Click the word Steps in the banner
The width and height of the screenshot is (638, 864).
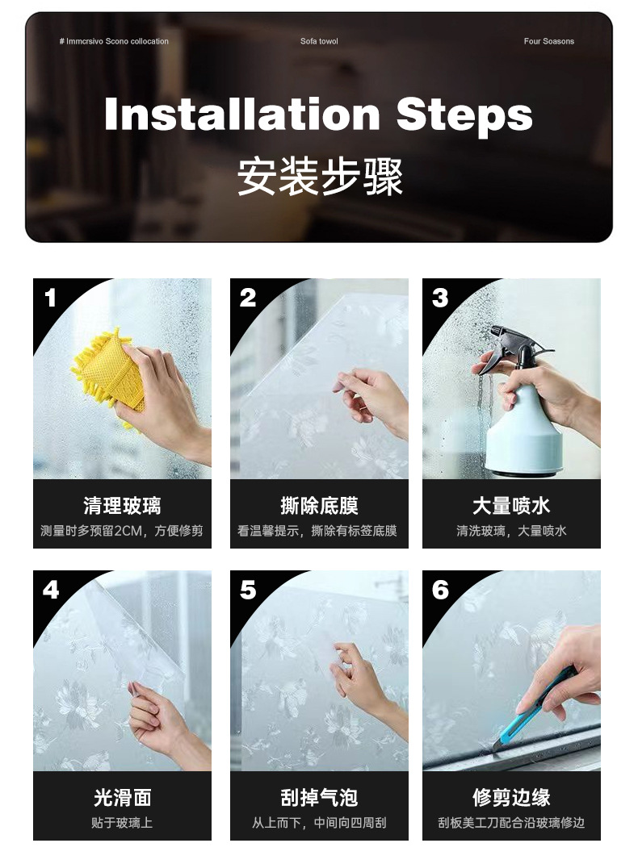[464, 115]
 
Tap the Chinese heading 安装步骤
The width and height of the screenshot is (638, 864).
[320, 177]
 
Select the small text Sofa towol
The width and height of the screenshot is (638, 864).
[319, 41]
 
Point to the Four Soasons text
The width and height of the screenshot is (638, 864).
[548, 41]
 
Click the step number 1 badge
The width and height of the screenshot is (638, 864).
[50, 298]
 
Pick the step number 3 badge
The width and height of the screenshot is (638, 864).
[440, 298]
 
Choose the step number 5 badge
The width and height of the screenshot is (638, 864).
[248, 591]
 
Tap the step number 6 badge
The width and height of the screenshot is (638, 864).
[440, 591]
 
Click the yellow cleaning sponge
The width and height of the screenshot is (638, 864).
[108, 374]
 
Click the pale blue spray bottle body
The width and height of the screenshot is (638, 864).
[524, 430]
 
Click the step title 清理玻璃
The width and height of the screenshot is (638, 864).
[122, 506]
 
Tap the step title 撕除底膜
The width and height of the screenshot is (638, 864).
[319, 506]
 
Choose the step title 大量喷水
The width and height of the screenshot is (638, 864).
[511, 506]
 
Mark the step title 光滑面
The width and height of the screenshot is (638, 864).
[122, 797]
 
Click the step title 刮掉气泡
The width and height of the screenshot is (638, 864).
[319, 797]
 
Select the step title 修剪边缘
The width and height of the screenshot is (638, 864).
[511, 797]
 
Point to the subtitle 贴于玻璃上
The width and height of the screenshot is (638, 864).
[122, 823]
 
